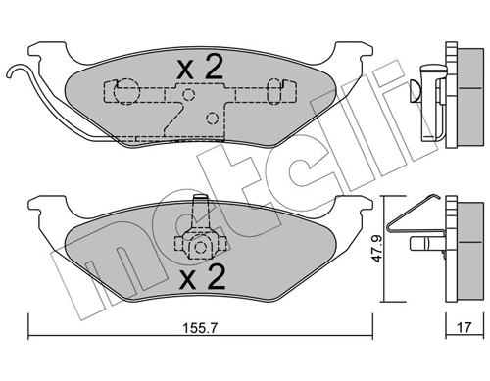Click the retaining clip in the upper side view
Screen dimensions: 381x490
click(x=423, y=83)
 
